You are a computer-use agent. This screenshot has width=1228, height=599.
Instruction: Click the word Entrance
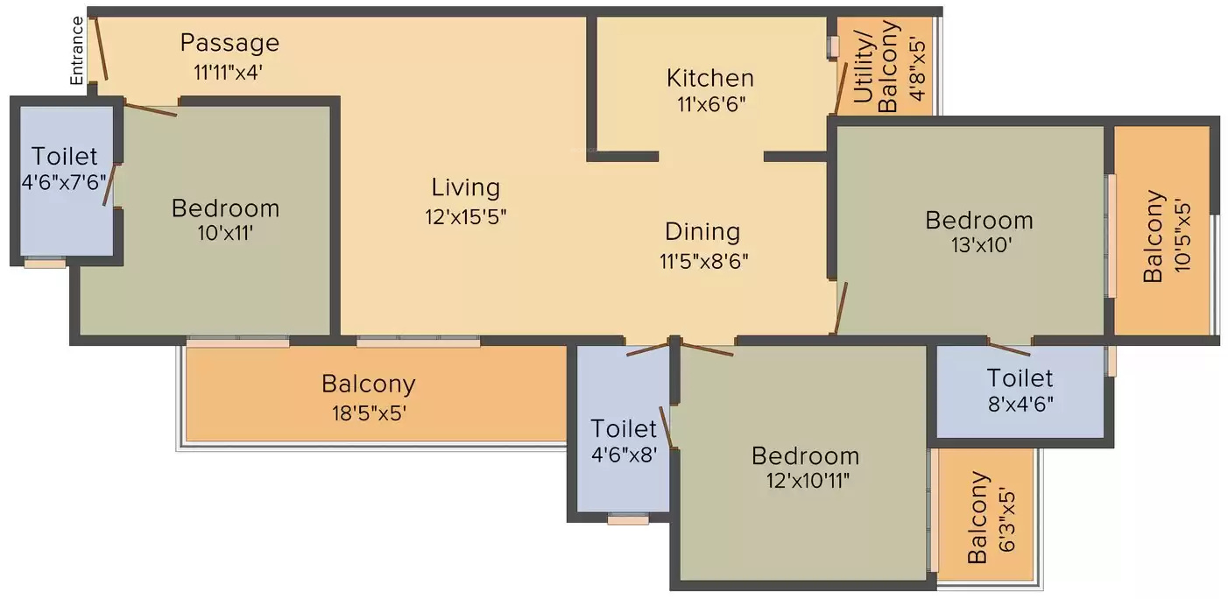[x=77, y=51]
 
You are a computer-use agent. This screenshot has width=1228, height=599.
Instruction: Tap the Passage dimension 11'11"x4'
[x=228, y=72]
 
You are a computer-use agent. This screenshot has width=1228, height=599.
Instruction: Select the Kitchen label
[x=710, y=78]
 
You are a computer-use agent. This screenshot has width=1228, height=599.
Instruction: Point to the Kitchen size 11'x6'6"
[x=711, y=103]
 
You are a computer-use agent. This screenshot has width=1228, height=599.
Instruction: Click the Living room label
[x=465, y=187]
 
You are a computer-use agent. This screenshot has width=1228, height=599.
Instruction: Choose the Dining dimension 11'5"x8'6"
[x=704, y=262]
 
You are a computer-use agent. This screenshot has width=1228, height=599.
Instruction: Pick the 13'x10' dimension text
[x=981, y=245]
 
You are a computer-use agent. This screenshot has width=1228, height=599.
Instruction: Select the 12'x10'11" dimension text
[x=808, y=481]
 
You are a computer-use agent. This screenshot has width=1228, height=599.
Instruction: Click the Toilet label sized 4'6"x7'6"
[x=64, y=156]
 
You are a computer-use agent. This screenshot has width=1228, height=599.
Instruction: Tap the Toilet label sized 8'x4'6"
[x=1020, y=378]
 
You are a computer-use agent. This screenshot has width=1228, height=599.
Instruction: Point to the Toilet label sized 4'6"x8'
[x=624, y=428]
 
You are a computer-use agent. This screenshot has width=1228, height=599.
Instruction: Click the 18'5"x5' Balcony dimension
[x=369, y=412]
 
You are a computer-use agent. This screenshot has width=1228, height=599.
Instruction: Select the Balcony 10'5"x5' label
[x=1168, y=236]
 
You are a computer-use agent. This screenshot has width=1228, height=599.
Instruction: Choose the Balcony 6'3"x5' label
[x=992, y=518]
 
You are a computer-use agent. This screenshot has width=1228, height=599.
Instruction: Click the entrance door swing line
[x=102, y=48]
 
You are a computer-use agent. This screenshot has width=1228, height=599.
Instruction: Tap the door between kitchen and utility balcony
[x=840, y=88]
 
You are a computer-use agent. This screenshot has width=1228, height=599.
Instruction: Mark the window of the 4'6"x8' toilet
[x=628, y=519]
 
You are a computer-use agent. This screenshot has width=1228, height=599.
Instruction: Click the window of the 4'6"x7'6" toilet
[x=45, y=264]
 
